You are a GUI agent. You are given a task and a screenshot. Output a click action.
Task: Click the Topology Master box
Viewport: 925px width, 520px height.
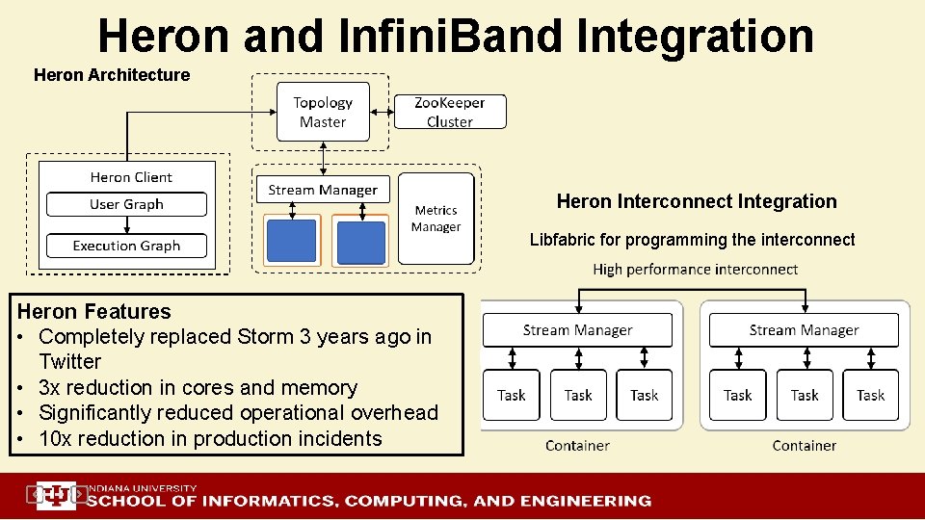[x=323, y=112]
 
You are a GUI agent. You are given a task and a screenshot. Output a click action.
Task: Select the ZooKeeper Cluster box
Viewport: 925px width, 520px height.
[x=450, y=112]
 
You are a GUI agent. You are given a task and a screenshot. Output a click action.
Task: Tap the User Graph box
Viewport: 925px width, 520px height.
[x=126, y=204]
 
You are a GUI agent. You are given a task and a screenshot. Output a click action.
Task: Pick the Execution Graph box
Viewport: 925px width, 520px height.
[x=126, y=246]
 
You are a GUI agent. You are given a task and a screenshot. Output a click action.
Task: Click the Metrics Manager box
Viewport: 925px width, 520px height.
[x=436, y=219]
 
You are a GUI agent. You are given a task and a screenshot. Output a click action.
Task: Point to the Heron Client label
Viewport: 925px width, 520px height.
[x=131, y=177]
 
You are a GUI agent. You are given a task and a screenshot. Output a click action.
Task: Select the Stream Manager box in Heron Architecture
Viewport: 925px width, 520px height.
[x=323, y=190]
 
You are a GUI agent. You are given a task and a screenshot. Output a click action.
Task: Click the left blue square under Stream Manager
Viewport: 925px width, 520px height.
[x=291, y=241]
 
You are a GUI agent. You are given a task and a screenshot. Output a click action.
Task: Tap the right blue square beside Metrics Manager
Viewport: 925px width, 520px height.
[x=361, y=241]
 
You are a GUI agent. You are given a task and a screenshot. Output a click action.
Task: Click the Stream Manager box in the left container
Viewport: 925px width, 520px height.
[x=577, y=330]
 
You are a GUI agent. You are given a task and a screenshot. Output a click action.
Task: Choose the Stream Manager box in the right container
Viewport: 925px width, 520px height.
[x=805, y=330]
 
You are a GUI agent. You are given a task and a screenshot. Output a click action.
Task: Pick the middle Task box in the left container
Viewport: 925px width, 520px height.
[x=578, y=395]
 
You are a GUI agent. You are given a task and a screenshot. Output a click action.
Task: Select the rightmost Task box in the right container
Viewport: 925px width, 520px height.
[x=871, y=395]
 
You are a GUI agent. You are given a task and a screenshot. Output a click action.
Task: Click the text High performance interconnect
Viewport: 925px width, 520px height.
[x=696, y=270]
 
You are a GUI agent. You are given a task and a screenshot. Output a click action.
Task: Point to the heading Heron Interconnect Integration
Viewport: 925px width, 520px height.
[x=697, y=201]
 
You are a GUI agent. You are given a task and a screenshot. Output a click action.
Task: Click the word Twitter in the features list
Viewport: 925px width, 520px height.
[x=70, y=362]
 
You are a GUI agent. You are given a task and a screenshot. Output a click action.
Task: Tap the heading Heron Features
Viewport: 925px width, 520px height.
[x=94, y=311]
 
